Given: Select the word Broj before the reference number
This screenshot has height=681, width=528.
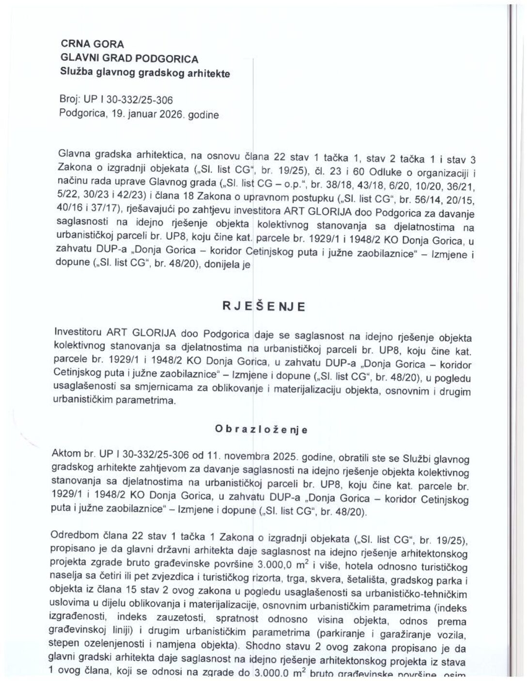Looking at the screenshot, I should (69, 100).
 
